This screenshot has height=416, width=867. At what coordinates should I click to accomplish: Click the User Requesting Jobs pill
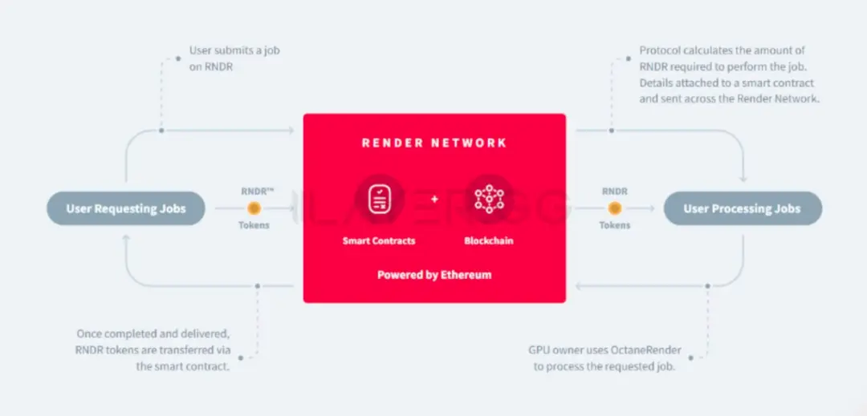tap(126, 209)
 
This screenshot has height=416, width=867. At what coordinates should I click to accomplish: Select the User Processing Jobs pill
tap(742, 209)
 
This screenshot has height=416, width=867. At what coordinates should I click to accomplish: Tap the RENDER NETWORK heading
tap(434, 143)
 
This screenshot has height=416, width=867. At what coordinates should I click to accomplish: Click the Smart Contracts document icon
tap(379, 198)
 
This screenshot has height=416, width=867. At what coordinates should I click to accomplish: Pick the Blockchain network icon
tap(488, 198)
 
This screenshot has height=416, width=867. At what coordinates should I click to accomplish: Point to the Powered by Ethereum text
tap(434, 275)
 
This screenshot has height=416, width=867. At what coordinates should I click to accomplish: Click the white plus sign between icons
tap(434, 198)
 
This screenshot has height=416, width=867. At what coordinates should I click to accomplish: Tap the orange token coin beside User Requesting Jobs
tap(254, 208)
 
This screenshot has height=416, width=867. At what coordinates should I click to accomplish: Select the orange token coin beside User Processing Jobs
tap(614, 208)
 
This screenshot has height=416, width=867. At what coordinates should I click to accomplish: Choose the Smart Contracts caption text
tap(379, 240)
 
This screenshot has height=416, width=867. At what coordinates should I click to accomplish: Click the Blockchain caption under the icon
tap(488, 240)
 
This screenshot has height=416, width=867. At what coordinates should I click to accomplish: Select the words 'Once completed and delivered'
tap(153, 333)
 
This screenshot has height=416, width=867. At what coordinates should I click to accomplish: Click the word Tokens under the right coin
tap(614, 226)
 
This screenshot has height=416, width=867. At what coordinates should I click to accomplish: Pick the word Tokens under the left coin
tap(254, 226)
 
